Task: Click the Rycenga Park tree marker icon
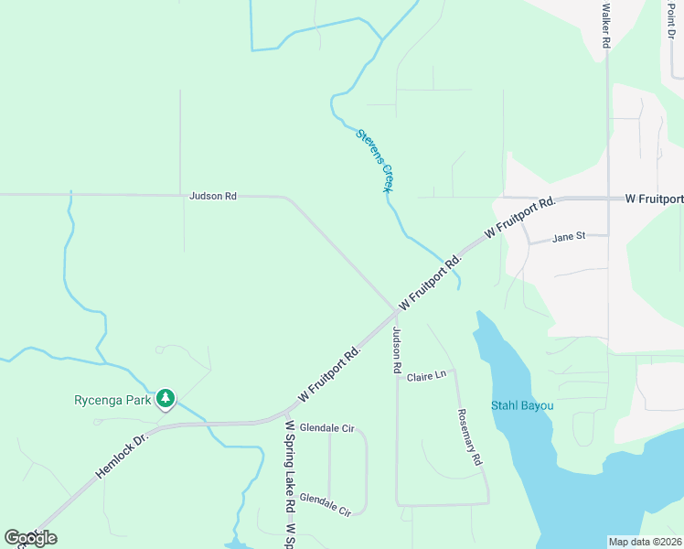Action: coord(166,398)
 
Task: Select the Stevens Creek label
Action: coord(375,160)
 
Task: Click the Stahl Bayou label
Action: coord(521,405)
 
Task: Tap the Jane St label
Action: coord(569,237)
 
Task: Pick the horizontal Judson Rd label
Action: coord(213,196)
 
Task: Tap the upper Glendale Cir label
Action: coord(326,428)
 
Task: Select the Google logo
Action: coord(30,538)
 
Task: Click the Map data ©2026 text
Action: coord(645,542)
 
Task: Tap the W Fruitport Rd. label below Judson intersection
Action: coord(330,374)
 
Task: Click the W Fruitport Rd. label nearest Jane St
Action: coord(520,219)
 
